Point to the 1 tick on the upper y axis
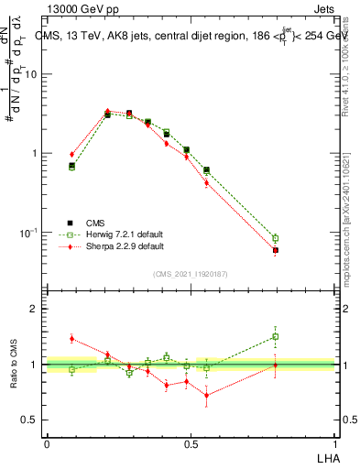pos(36,153)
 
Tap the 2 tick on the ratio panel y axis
pos(36,309)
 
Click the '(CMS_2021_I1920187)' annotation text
pos(191,274)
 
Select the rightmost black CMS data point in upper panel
pos(276,250)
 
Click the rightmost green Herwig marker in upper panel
pos(276,238)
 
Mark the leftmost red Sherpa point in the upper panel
pos(72,154)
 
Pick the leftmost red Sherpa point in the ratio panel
pos(72,338)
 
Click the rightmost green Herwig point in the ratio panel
pos(276,336)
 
